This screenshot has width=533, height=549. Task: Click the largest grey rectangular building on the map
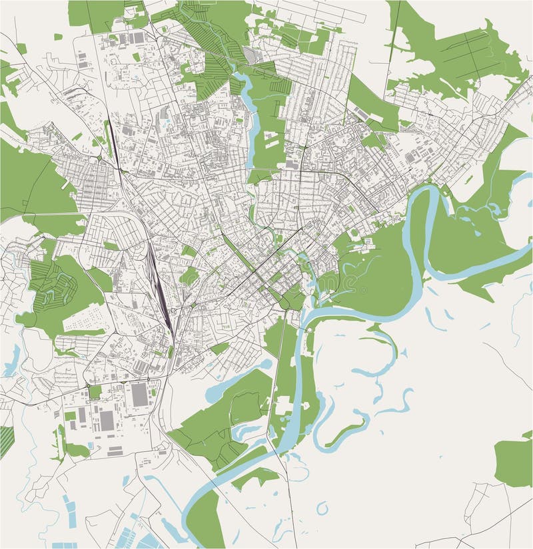[139, 395]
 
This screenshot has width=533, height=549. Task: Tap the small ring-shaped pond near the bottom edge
[322, 508]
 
